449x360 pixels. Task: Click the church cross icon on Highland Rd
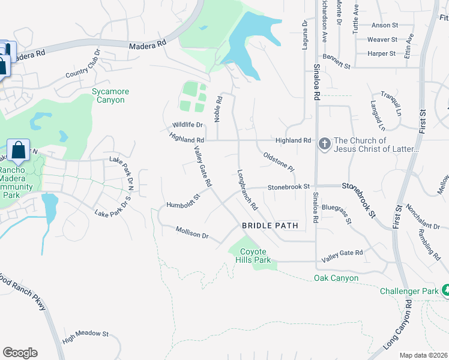point(324,144)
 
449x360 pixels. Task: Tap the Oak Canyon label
point(336,278)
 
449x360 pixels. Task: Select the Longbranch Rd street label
point(247,188)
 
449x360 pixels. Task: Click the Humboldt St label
point(182,200)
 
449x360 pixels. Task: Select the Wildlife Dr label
point(188,125)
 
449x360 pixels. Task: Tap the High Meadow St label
point(85,337)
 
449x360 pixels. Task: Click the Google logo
point(20,353)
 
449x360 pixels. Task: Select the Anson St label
point(385,25)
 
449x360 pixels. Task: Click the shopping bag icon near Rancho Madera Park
point(19,151)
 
